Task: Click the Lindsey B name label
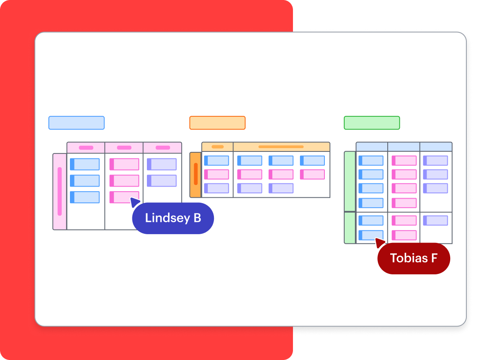click(173, 218)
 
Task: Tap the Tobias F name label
click(413, 258)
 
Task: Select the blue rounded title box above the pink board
click(77, 123)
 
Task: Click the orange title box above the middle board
click(217, 123)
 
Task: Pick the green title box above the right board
click(372, 123)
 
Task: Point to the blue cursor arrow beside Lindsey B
click(135, 202)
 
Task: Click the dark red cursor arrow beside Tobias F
click(380, 242)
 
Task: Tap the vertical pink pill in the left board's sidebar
click(60, 191)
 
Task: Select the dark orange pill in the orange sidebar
click(196, 174)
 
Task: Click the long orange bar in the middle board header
click(281, 147)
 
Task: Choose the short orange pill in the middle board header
click(218, 147)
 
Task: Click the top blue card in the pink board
click(85, 164)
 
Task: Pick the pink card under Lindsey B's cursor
click(124, 197)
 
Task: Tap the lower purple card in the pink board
click(162, 181)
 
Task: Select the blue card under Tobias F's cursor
click(371, 235)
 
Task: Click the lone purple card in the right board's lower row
click(435, 221)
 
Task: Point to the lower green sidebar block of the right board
click(350, 228)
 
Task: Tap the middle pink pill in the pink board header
click(124, 148)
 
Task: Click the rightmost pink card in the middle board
click(312, 174)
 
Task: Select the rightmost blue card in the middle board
click(312, 161)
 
